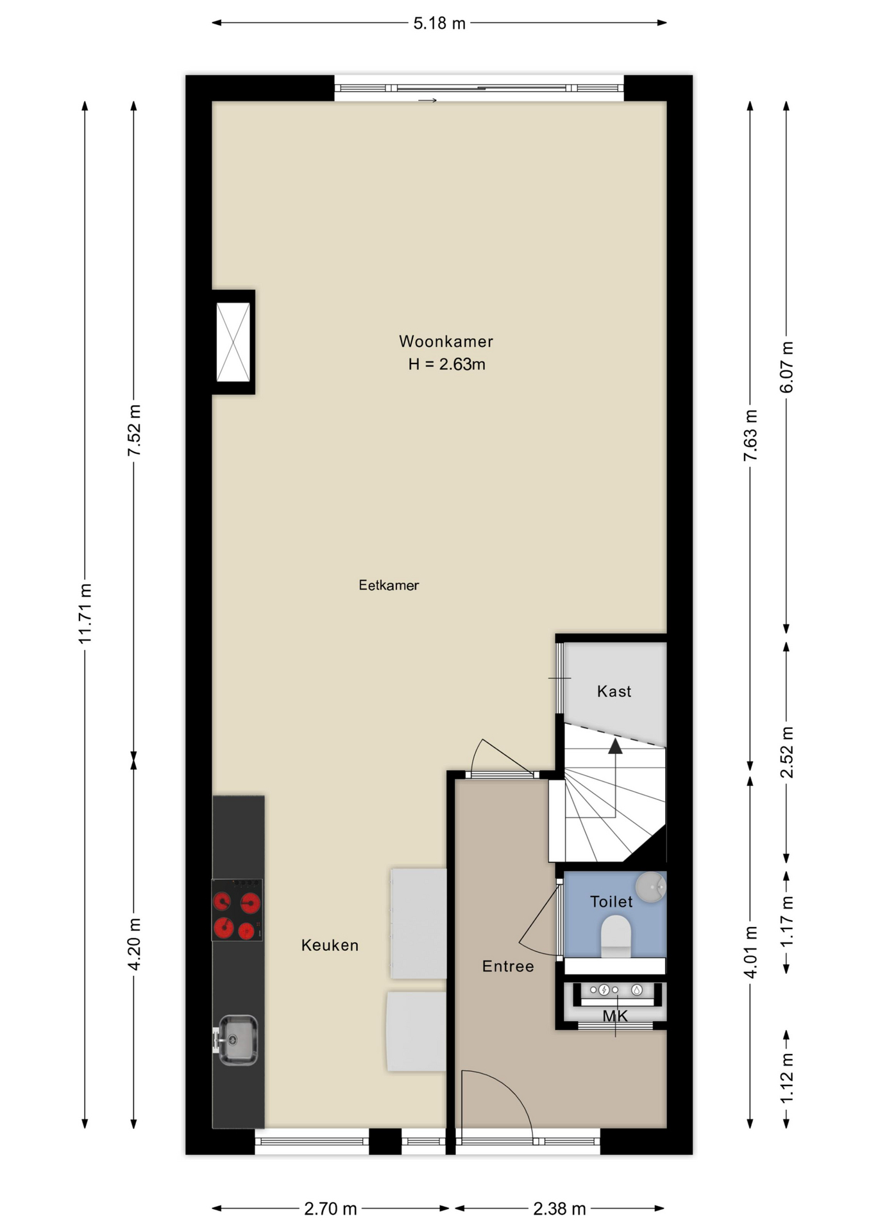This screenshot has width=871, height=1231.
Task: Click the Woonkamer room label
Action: (446, 341)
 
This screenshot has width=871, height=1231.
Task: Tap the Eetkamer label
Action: (389, 585)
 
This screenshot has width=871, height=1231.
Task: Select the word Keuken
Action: (330, 945)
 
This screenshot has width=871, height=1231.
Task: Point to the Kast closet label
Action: (614, 691)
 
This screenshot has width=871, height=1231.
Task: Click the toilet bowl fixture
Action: (616, 934)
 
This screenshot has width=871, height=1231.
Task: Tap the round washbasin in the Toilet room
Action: (650, 887)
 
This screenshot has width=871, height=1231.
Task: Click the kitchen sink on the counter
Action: (237, 1040)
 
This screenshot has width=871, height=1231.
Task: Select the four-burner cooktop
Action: (237, 910)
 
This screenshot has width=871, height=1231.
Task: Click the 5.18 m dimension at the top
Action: (439, 24)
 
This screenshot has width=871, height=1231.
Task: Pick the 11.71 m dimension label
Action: (85, 614)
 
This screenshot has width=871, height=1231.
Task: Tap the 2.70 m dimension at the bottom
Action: (330, 1209)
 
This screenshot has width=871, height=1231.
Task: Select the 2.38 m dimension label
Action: (559, 1209)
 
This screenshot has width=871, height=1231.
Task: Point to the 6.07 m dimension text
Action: (786, 367)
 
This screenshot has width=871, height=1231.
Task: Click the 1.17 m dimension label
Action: (786, 921)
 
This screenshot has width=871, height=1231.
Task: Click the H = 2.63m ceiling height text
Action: (446, 364)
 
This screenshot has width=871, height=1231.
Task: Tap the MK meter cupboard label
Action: (614, 1016)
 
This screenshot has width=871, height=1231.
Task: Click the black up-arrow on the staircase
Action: (615, 746)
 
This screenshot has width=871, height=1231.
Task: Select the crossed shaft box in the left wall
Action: (233, 342)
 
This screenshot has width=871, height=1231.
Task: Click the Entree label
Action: (507, 966)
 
